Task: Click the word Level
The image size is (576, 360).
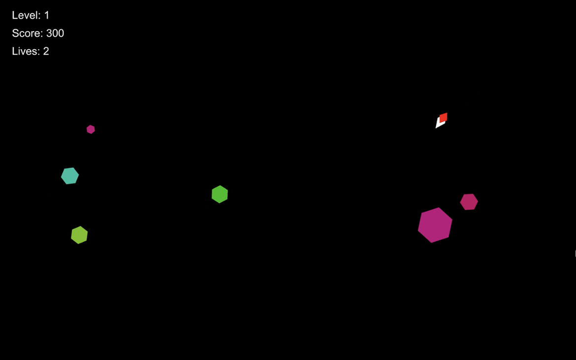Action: [25, 15]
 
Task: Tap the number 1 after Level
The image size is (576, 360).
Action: [47, 15]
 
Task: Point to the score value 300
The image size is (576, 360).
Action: [55, 33]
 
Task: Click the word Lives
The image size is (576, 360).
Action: [25, 51]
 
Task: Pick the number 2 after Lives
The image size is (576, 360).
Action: [46, 51]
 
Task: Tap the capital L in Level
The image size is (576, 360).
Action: [14, 15]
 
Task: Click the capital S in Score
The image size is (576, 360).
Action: [15, 33]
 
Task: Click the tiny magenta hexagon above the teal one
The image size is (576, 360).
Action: [91, 130]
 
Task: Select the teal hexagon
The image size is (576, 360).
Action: [70, 176]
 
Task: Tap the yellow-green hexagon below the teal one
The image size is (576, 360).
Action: [79, 235]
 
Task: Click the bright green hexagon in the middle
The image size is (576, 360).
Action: [220, 194]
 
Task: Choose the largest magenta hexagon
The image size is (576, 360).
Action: [435, 225]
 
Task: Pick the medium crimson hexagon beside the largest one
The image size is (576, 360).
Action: [469, 201]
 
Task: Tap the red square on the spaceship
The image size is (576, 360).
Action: [444, 117]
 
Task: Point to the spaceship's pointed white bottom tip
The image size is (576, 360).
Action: [436, 128]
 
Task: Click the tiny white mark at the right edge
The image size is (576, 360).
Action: [575, 254]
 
